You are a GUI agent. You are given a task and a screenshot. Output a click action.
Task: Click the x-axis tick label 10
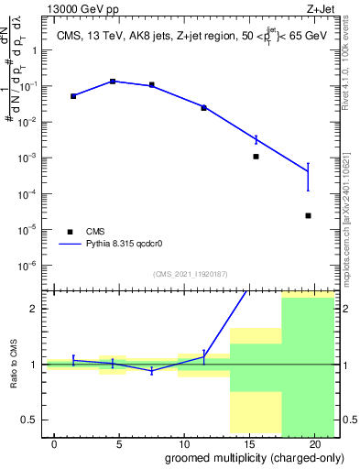pos(183,444)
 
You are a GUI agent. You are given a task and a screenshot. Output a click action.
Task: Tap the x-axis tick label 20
pos(312,444)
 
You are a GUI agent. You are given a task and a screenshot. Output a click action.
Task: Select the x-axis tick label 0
pos(54,444)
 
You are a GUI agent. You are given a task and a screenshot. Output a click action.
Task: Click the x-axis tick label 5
pos(119,444)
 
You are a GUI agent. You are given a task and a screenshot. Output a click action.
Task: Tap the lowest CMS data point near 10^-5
pos(308,216)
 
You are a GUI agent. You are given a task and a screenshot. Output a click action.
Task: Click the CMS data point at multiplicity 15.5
pos(256,157)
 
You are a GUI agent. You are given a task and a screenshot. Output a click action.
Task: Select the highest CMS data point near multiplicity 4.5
pos(113,82)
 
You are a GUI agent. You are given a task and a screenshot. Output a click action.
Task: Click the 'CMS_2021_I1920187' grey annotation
pos(190,274)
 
